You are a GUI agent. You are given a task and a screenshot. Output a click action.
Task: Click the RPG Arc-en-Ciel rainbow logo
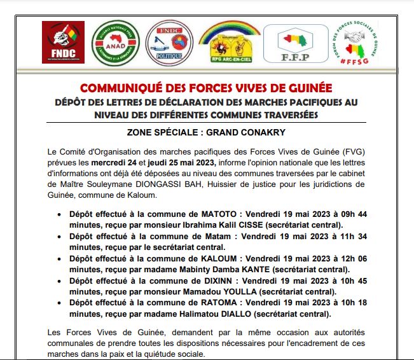[x=229, y=42]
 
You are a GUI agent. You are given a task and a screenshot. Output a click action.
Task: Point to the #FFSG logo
[x=355, y=43]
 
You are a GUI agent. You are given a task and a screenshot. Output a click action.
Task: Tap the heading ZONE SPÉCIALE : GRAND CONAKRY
[x=207, y=132]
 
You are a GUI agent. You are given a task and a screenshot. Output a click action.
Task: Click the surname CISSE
[x=251, y=225]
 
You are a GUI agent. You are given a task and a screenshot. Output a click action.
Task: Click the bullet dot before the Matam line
[x=60, y=237]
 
